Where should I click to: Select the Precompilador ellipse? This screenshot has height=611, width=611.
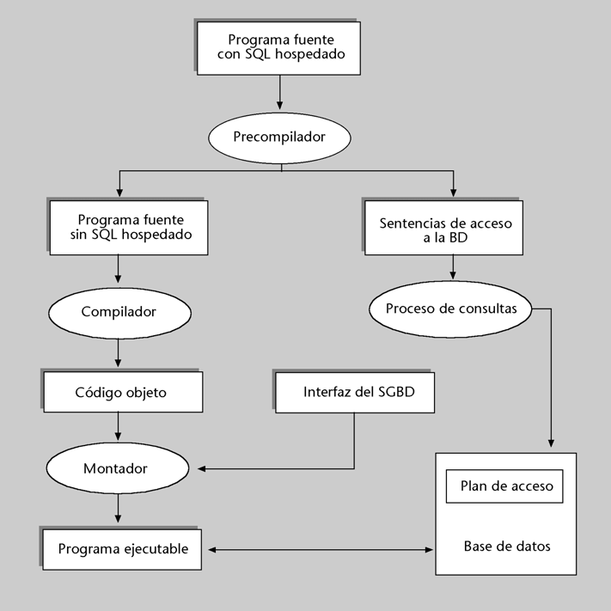[280, 136]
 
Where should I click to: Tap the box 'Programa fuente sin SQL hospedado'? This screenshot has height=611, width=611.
[129, 228]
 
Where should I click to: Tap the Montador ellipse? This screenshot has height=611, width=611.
[116, 469]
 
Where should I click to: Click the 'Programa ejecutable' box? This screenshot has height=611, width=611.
[122, 547]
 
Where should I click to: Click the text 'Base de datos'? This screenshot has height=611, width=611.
[506, 546]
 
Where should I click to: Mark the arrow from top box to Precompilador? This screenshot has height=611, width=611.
[281, 91]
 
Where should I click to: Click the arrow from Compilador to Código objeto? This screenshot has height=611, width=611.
[117, 352]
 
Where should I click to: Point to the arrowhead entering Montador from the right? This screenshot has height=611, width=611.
[202, 469]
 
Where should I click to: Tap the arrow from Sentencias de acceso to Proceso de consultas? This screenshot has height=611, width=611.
[453, 271]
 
